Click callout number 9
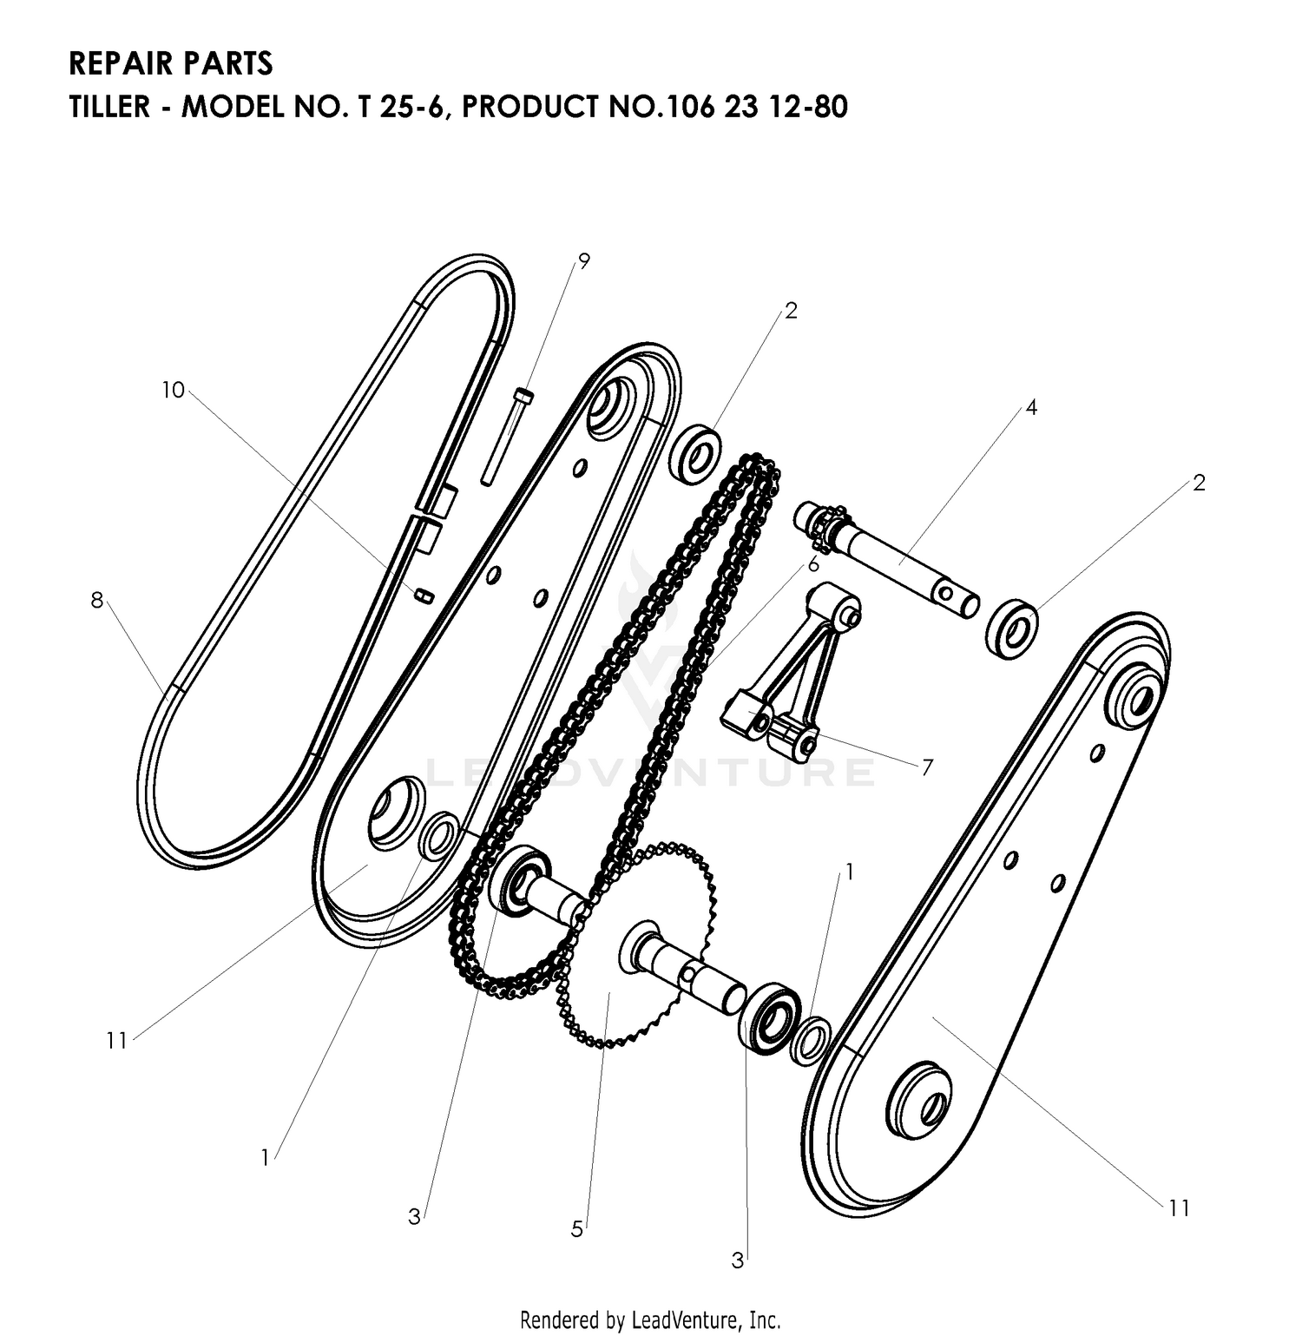point(583,260)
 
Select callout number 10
point(174,391)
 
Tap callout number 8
point(96,599)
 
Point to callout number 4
point(1031,406)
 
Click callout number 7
point(927,767)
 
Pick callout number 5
point(577,1229)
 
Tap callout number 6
point(813,564)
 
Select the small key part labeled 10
point(423,594)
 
